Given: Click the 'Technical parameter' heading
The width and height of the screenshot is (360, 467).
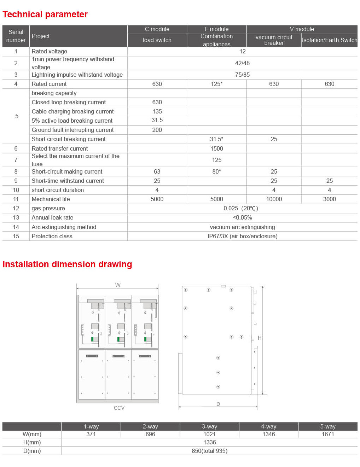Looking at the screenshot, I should [x=45, y=14].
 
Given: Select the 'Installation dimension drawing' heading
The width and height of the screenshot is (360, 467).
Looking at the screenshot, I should [x=67, y=264].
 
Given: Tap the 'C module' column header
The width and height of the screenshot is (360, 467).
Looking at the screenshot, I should [x=157, y=29].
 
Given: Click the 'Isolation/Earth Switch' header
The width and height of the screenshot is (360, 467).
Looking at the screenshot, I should [x=329, y=40].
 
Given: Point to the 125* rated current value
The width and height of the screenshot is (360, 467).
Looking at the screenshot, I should [x=216, y=84].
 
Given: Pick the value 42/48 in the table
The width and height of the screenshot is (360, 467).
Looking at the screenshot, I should [x=242, y=63].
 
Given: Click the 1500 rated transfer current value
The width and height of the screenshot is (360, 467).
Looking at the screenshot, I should [x=216, y=149].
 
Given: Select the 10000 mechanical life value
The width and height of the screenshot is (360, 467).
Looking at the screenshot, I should [x=274, y=199].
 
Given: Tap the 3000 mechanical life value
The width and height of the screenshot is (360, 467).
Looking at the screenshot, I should [x=329, y=199].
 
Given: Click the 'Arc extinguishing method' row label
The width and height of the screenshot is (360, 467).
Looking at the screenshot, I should [x=64, y=227].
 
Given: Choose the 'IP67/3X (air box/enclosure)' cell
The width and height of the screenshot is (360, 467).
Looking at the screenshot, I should [x=242, y=237].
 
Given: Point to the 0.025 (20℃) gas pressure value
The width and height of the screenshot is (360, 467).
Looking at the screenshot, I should [x=241, y=209].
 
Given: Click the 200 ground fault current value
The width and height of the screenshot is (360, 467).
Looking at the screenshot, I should [x=157, y=130].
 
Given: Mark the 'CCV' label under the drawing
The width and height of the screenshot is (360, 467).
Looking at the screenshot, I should [x=119, y=408].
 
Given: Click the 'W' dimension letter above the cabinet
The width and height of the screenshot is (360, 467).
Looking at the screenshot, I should [x=118, y=285].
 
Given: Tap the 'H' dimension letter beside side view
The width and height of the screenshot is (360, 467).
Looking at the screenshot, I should [x=260, y=338].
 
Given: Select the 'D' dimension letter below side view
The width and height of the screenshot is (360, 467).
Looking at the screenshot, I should [x=218, y=404].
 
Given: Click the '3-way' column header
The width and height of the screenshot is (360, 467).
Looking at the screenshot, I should [x=209, y=427].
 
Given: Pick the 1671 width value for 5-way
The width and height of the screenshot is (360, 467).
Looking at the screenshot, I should [x=327, y=434].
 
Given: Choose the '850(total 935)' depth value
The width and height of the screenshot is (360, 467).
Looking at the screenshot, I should [x=209, y=451].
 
